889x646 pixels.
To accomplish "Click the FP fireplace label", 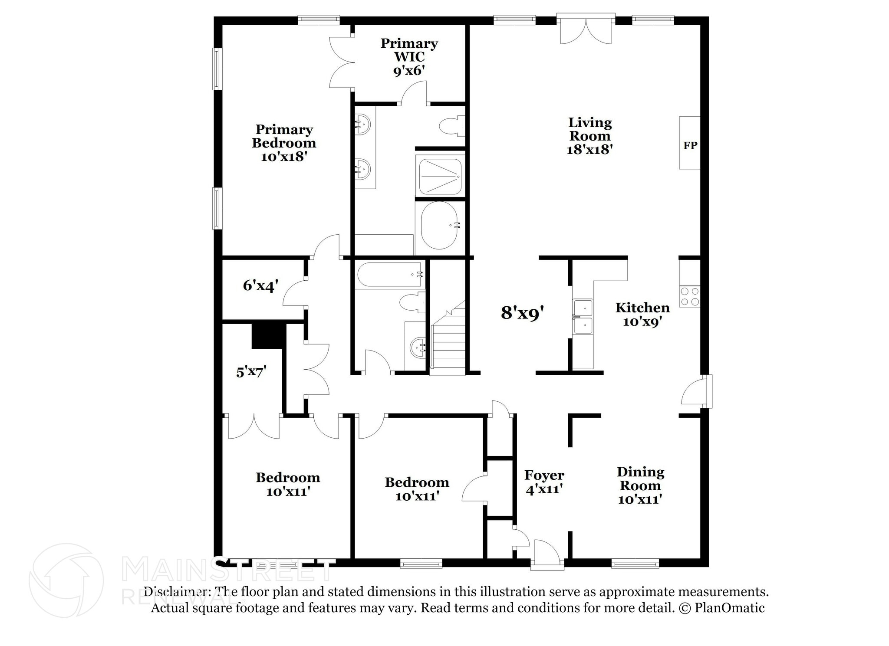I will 690,145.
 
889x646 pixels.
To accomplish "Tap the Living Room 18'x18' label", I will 589,136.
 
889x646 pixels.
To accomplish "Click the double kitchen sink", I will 583,317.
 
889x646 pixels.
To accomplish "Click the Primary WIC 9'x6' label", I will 409,57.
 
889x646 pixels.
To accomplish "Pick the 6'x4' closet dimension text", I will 260,285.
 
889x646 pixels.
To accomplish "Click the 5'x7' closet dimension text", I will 251,372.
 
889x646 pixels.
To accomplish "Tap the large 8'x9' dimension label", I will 522,312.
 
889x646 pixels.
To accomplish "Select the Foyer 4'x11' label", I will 544,482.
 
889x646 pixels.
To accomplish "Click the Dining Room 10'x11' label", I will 640,485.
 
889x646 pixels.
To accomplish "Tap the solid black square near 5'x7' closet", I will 268,335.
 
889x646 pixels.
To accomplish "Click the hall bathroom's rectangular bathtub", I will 390,274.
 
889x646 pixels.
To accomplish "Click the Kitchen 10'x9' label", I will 642,315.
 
